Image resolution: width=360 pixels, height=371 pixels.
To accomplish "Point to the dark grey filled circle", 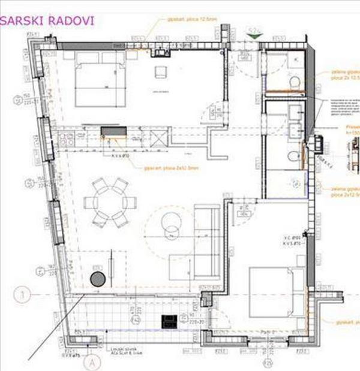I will [97, 278].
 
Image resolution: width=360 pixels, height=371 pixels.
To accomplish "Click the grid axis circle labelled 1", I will [23, 295].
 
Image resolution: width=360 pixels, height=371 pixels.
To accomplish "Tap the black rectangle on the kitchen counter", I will [113, 131].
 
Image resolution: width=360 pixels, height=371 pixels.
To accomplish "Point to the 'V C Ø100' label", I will [292, 239].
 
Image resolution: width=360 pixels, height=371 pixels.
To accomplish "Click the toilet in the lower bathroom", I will [292, 156].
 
